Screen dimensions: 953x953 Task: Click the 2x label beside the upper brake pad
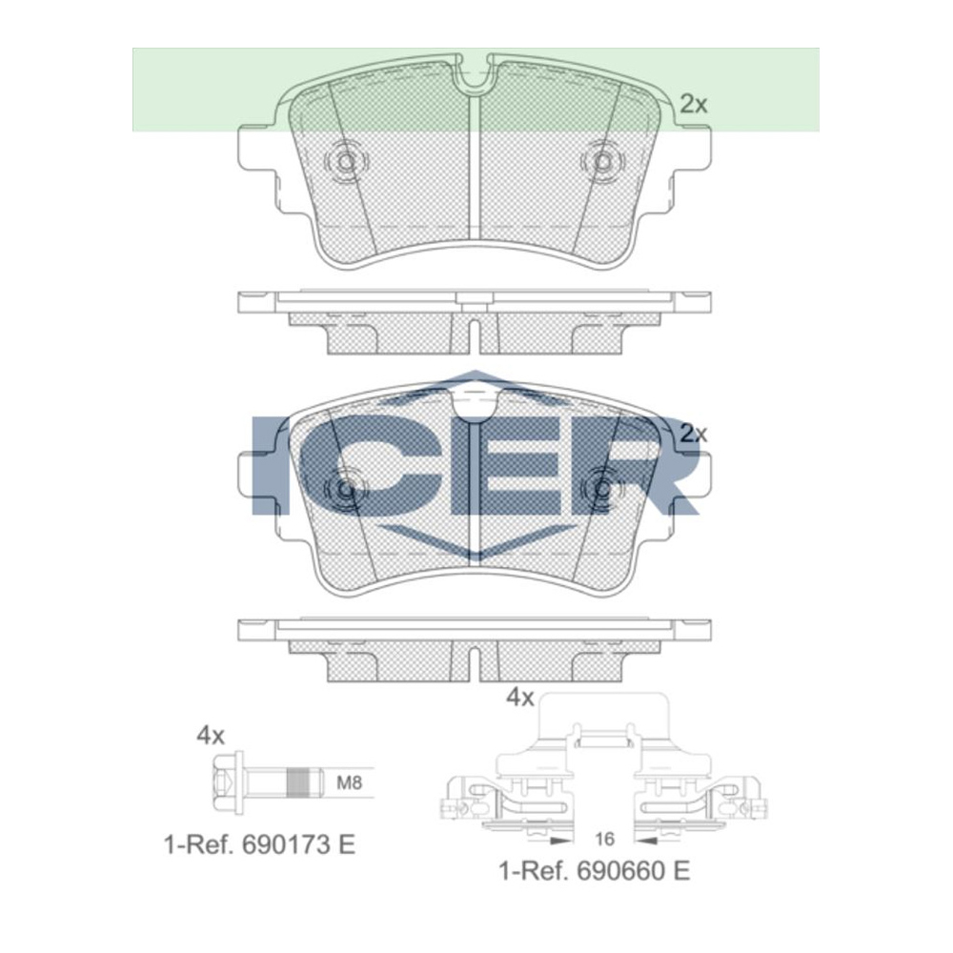tap(693, 104)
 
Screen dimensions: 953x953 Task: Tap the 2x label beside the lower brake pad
tap(693, 433)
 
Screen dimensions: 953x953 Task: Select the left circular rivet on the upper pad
tap(345, 162)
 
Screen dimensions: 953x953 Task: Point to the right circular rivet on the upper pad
tap(601, 162)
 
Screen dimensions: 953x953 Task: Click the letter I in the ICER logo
tap(271, 466)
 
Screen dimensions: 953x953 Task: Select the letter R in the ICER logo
tap(648, 466)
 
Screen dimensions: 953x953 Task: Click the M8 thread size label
tap(351, 784)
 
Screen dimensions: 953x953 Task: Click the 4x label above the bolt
tap(210, 735)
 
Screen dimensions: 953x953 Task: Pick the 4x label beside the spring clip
tap(519, 698)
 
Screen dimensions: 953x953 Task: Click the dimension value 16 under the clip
tap(602, 840)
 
